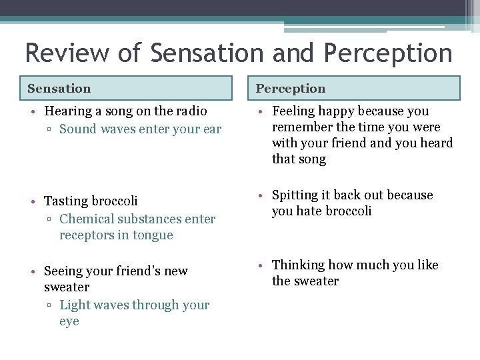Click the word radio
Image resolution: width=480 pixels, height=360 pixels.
pyautogui.click(x=189, y=111)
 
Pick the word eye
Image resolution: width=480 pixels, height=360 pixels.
pyautogui.click(x=69, y=321)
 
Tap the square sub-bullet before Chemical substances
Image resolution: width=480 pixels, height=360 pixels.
pyautogui.click(x=51, y=219)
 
